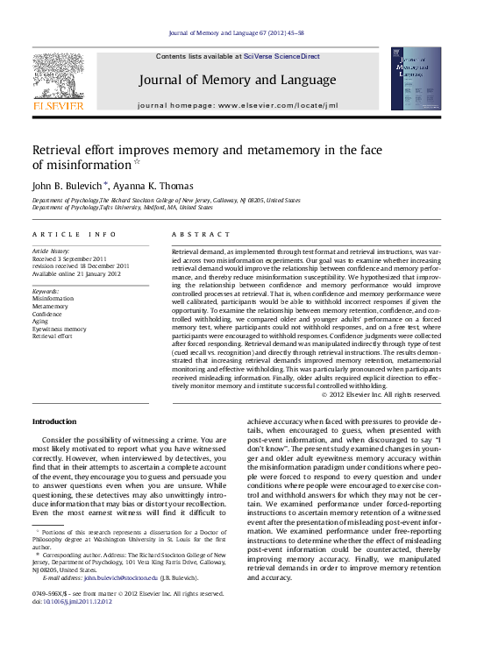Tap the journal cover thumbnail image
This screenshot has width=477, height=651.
(416, 79)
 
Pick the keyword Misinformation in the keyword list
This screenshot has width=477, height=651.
(53, 299)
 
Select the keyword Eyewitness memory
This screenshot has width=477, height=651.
(59, 329)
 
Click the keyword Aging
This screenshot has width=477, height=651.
(42, 321)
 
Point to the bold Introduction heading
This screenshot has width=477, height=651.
(54, 421)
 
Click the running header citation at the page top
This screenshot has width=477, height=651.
(237, 33)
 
